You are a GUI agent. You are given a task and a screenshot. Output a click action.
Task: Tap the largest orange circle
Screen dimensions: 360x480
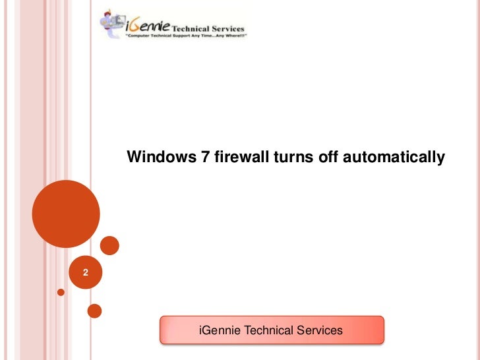click(x=66, y=213)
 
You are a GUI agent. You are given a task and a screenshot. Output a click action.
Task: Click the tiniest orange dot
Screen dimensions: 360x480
click(x=61, y=291)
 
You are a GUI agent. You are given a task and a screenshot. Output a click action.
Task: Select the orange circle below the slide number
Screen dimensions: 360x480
click(x=94, y=310)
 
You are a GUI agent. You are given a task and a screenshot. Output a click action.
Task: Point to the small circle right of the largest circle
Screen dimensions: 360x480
click(x=109, y=246)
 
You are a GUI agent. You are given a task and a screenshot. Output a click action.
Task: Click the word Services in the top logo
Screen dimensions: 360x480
click(x=227, y=29)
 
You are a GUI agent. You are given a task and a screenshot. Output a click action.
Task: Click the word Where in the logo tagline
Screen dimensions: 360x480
click(x=231, y=38)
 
